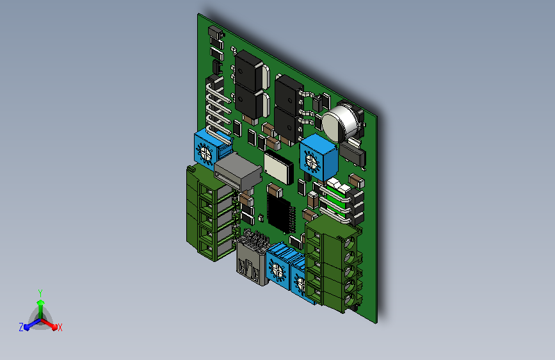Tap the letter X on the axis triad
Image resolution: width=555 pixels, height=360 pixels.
point(60,328)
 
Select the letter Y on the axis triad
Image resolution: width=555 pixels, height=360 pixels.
point(40,293)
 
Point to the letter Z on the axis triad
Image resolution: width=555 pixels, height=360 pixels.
point(21,327)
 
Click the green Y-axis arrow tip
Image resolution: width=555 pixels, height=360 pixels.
point(41,302)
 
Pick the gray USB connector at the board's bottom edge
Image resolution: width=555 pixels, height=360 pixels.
point(252,259)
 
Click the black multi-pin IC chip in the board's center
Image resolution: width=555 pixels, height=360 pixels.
point(280,212)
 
